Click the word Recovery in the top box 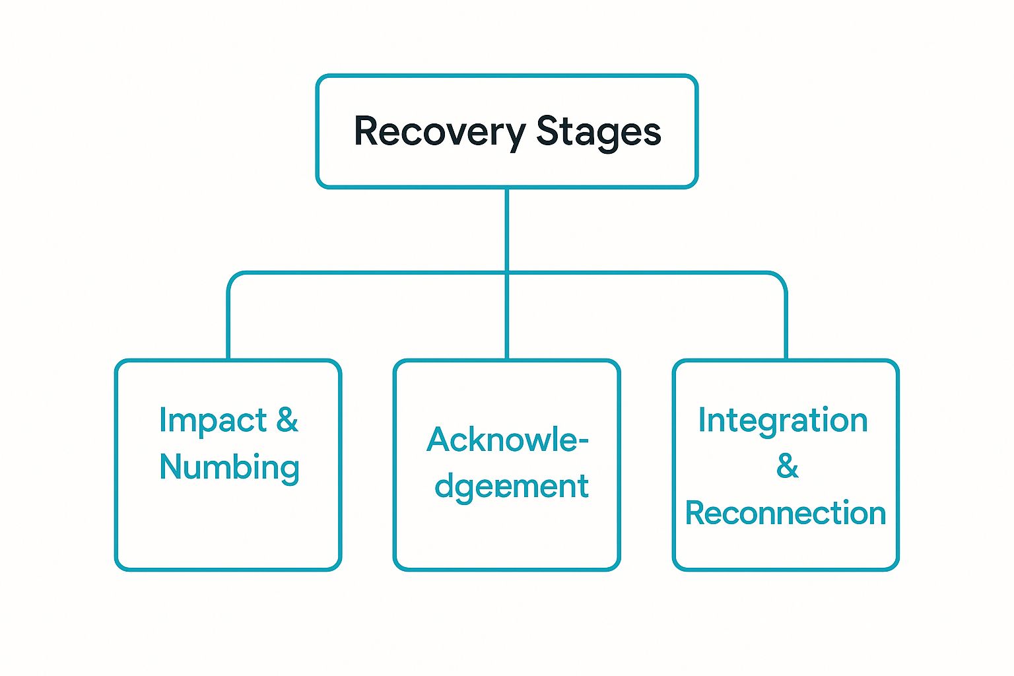click(x=439, y=132)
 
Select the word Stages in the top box click(x=598, y=132)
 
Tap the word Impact click(x=213, y=421)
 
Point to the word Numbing click(x=229, y=467)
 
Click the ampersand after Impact click(x=287, y=420)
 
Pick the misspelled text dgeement click(x=511, y=487)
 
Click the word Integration click(x=783, y=421)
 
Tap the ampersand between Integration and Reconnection click(x=787, y=467)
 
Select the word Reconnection click(x=785, y=514)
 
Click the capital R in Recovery click(x=366, y=131)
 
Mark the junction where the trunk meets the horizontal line click(x=507, y=273)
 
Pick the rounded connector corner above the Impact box click(x=233, y=277)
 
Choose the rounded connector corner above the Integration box click(x=781, y=277)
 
